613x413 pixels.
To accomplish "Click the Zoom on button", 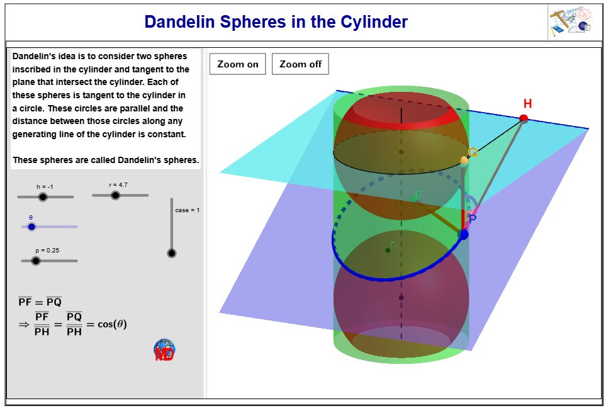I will [238, 64].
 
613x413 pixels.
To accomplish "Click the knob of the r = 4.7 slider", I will [115, 195].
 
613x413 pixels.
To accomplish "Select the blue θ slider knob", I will [31, 227].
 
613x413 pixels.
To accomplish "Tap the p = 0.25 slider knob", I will [36, 261].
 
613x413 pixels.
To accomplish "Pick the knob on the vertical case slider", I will [171, 253].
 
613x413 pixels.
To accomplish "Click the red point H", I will [524, 118].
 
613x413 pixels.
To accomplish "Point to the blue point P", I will [464, 234].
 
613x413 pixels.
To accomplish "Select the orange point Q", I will [464, 161].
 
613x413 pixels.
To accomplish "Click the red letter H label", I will [527, 104].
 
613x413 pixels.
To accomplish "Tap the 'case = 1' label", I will [187, 210].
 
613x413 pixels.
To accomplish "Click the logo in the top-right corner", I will [570, 22].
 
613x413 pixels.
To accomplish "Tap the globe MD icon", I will [164, 350].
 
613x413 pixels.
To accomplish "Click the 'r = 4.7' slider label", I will [118, 184].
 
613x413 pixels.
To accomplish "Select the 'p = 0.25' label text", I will [47, 251].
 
